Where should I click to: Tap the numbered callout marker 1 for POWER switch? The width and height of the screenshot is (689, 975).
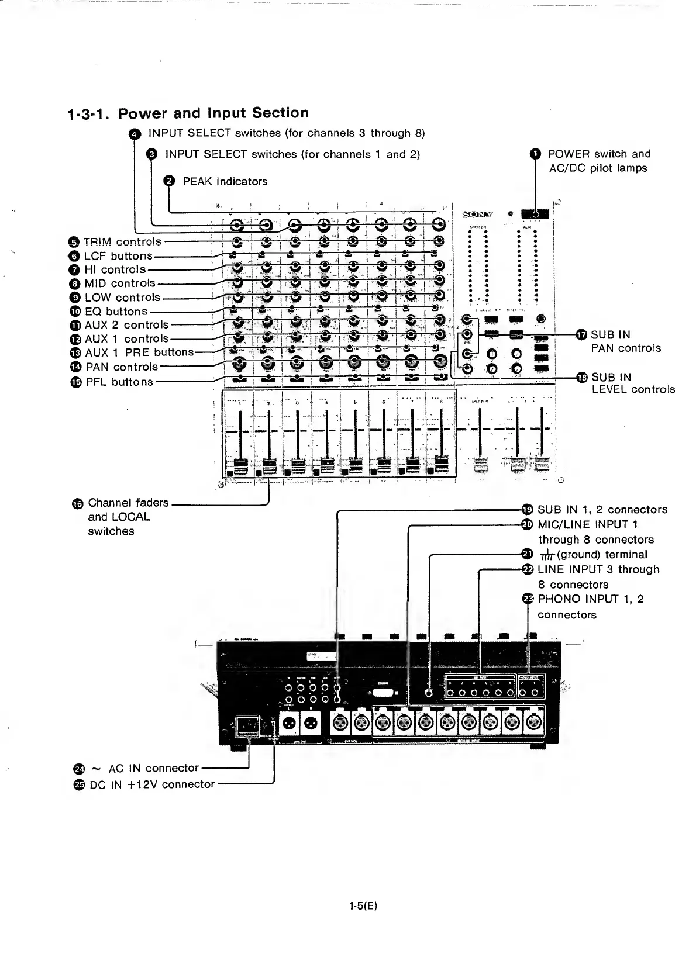point(535,154)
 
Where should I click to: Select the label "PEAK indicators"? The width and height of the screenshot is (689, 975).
point(225,182)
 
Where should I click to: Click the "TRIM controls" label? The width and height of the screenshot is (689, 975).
point(122,242)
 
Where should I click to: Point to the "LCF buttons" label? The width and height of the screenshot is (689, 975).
point(118,256)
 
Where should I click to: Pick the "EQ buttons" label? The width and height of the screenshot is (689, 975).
point(116,312)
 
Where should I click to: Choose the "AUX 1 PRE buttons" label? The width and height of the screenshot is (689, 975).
point(139,352)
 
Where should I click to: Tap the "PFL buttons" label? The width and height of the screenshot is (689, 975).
point(119,382)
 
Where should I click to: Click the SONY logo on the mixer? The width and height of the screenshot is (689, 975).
point(478,215)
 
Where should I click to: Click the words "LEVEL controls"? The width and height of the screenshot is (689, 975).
point(633,390)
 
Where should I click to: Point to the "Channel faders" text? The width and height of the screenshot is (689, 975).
point(128,503)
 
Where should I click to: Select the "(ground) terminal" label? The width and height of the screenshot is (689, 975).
point(602,555)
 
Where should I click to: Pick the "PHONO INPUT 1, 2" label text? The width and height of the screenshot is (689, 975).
point(591,599)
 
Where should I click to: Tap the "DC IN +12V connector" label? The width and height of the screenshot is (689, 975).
point(152,784)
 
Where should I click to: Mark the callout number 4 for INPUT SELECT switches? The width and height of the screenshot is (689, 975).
point(134,134)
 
